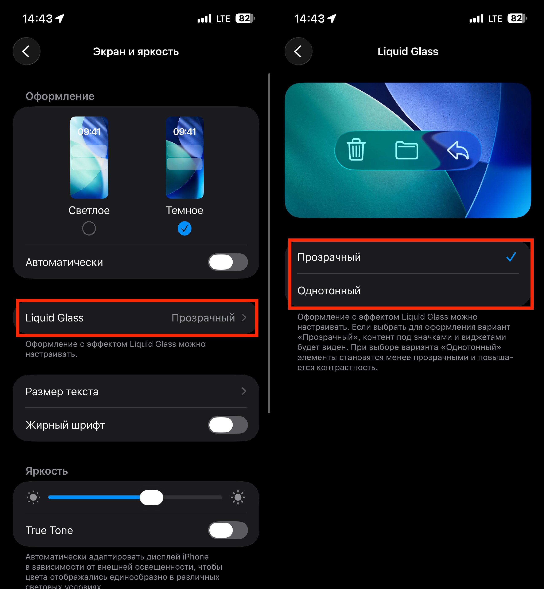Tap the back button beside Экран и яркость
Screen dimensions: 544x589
[x=27, y=51]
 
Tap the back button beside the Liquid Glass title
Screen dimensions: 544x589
[x=299, y=51]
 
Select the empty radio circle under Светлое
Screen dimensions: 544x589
[x=89, y=229]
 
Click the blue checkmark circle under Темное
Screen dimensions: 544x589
[x=184, y=229]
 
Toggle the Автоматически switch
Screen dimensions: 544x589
[x=228, y=262]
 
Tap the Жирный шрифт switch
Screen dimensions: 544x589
[x=228, y=425]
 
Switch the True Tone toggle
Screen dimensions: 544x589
[x=228, y=530]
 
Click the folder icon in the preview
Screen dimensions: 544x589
[x=407, y=150]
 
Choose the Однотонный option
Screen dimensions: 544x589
[x=329, y=290]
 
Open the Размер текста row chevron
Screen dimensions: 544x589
[x=244, y=391]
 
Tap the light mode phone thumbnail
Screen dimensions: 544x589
[x=89, y=157]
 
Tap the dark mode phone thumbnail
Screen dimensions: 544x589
[x=184, y=157]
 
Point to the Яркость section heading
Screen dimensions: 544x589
[x=47, y=471]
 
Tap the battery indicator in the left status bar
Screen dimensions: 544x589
[x=245, y=19]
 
